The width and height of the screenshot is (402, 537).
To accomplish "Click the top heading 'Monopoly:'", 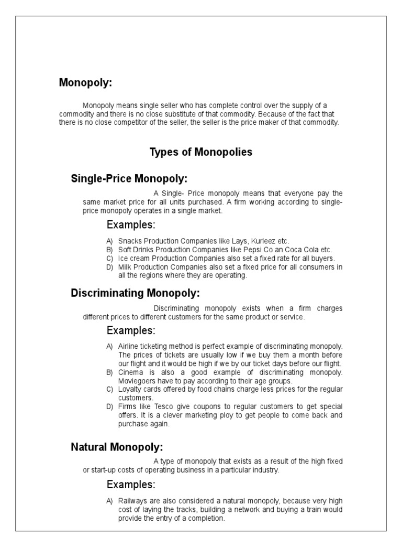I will [85, 83].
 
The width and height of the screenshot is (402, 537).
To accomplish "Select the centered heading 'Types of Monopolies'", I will [201, 153].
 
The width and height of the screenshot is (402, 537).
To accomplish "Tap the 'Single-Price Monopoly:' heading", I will [129, 179].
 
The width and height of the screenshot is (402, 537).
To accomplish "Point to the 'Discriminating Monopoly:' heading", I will [135, 293].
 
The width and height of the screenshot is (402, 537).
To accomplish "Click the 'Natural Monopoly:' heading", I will [117, 447].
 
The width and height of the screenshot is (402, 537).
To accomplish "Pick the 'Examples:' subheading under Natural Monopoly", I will [131, 484].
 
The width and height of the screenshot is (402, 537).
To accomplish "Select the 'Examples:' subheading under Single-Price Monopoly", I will [131, 225].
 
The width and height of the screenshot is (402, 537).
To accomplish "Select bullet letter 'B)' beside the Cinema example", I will [109, 372].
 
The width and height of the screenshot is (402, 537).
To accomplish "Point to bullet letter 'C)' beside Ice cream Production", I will [109, 259].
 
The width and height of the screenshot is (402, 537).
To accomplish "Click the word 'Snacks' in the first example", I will [129, 241].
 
